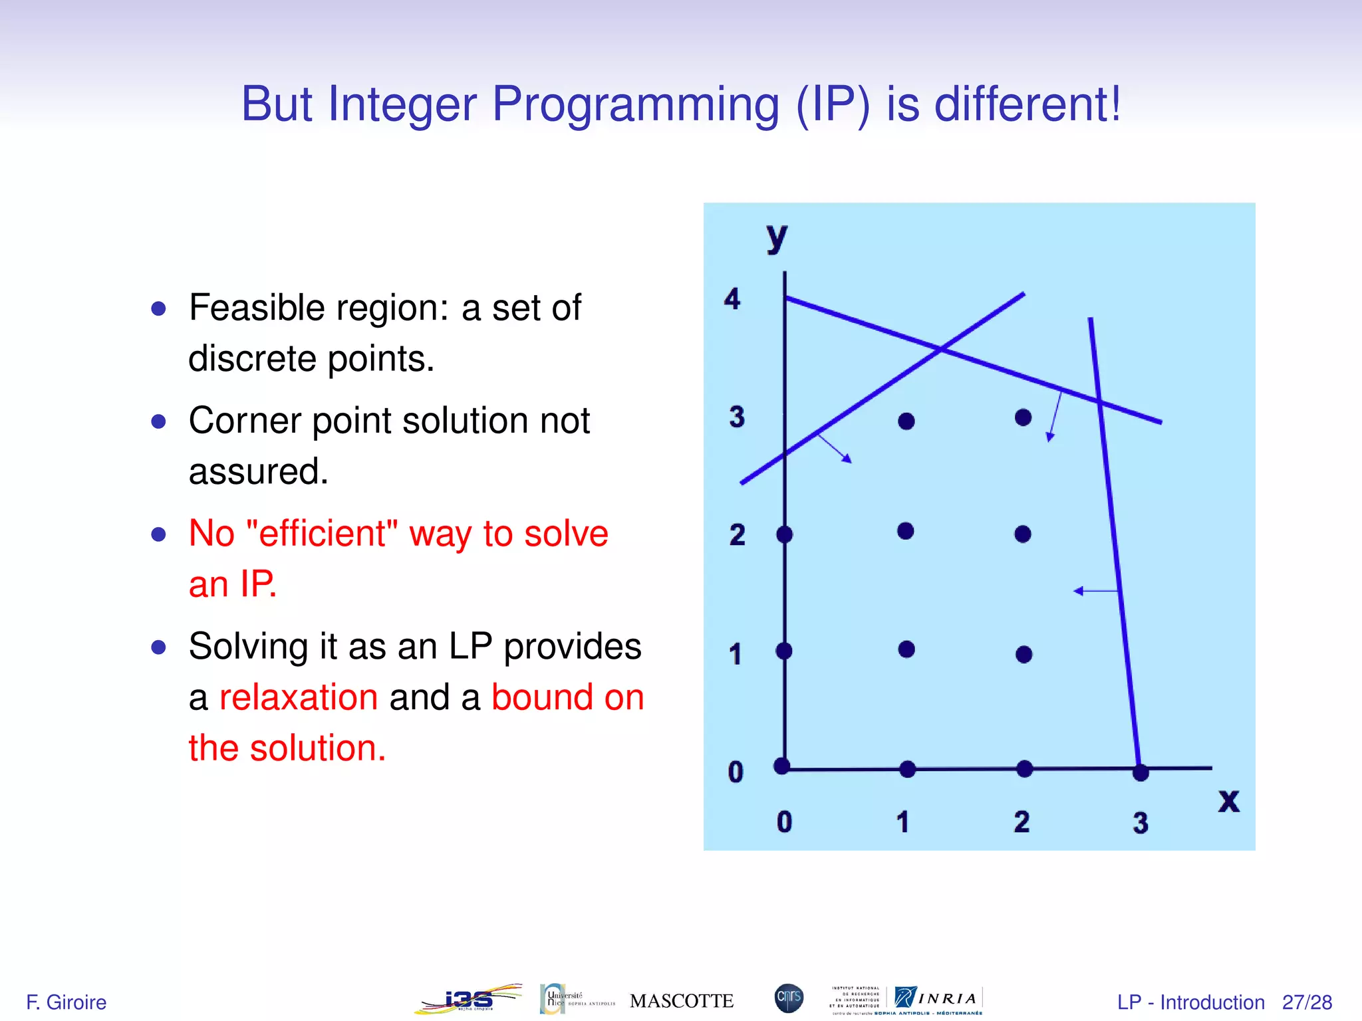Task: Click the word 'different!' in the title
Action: pos(1027,104)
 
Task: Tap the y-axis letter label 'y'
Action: pos(776,237)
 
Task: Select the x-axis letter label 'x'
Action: pos(1228,800)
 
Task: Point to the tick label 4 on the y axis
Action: pos(732,299)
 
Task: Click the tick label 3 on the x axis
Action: pos(1141,823)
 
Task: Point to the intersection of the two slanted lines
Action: pos(940,349)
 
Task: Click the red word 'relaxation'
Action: pos(299,697)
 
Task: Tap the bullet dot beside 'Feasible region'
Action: pos(158,308)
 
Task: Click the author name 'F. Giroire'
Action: pos(66,1002)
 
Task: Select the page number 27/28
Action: pos(1307,1002)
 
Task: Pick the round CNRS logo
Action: pos(789,998)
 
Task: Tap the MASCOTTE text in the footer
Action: pos(681,1001)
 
